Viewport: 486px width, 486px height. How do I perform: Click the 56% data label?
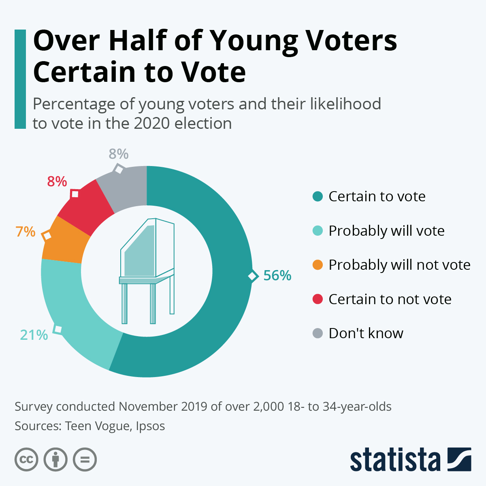tap(277, 275)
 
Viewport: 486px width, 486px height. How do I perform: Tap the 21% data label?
tap(34, 335)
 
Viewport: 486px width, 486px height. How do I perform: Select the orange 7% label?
tap(26, 232)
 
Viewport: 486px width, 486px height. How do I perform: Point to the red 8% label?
tap(57, 181)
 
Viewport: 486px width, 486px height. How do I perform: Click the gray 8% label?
tap(119, 154)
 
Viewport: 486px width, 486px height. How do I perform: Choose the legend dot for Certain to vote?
tap(318, 196)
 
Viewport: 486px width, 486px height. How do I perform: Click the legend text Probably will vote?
tap(386, 230)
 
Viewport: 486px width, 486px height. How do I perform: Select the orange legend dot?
tap(318, 265)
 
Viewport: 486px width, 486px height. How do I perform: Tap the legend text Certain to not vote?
tap(390, 299)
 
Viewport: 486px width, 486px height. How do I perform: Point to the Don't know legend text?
tap(366, 333)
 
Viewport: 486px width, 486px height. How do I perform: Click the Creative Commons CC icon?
tap(26, 460)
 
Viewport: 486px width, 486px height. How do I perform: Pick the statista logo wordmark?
tap(395, 460)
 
